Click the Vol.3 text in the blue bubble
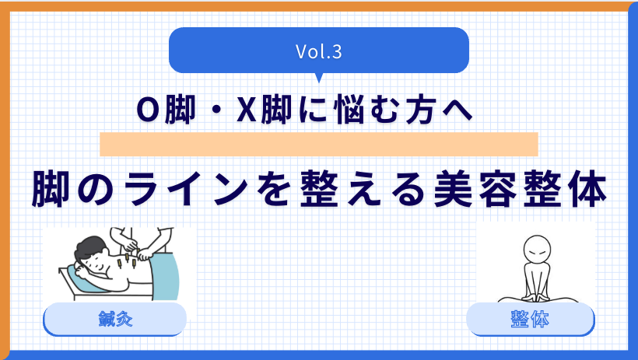pos(318,51)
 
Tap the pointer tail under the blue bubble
pos(319,78)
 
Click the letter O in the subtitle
pos(148,110)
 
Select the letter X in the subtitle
pos(247,110)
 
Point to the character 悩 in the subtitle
pos(349,110)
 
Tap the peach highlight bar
pos(319,144)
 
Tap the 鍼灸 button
pos(114,319)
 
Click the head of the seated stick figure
pos(537,250)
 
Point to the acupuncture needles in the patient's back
pos(125,261)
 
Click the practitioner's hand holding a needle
pos(144,256)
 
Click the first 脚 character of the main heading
pos(51,189)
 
